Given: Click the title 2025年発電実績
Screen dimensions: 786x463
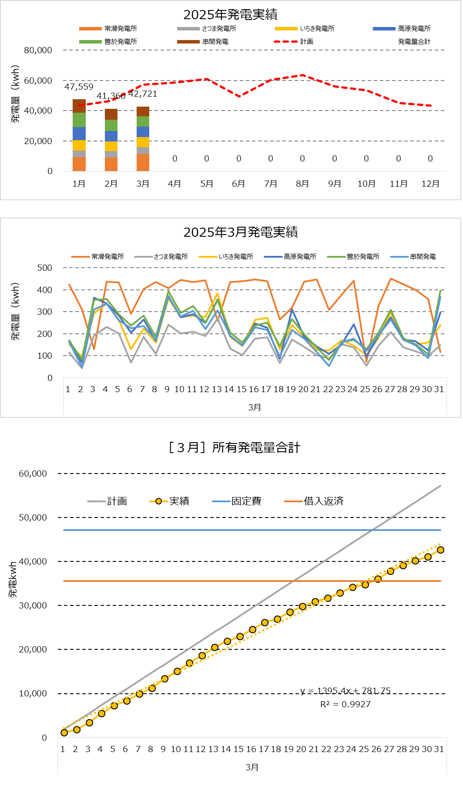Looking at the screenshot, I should coord(230,15).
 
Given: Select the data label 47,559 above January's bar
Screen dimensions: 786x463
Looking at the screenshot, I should coord(79,87).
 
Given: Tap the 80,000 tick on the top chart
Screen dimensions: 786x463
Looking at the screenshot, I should coord(38,50).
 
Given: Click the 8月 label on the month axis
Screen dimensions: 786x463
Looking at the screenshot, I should coord(302,184).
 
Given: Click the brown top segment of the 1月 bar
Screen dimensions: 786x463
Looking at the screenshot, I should coord(79,106).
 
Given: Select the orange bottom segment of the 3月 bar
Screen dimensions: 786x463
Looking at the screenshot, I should coord(143,162).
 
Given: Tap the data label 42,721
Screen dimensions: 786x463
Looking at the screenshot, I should coord(143,94).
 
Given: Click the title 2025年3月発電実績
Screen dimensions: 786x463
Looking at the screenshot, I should coord(240,232).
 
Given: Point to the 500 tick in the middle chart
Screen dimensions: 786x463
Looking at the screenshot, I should coord(44,268).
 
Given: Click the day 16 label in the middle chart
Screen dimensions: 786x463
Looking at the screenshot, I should coord(254,389).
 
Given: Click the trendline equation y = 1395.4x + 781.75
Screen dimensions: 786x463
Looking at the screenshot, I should coord(346,691).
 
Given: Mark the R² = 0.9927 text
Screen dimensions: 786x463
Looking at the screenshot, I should coord(346,704).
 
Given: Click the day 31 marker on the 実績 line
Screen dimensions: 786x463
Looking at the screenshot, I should coord(440,550).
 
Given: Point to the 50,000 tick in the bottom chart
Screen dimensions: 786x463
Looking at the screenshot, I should coord(33,517).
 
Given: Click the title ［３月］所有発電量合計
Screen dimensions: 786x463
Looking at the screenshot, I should coord(234,448).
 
